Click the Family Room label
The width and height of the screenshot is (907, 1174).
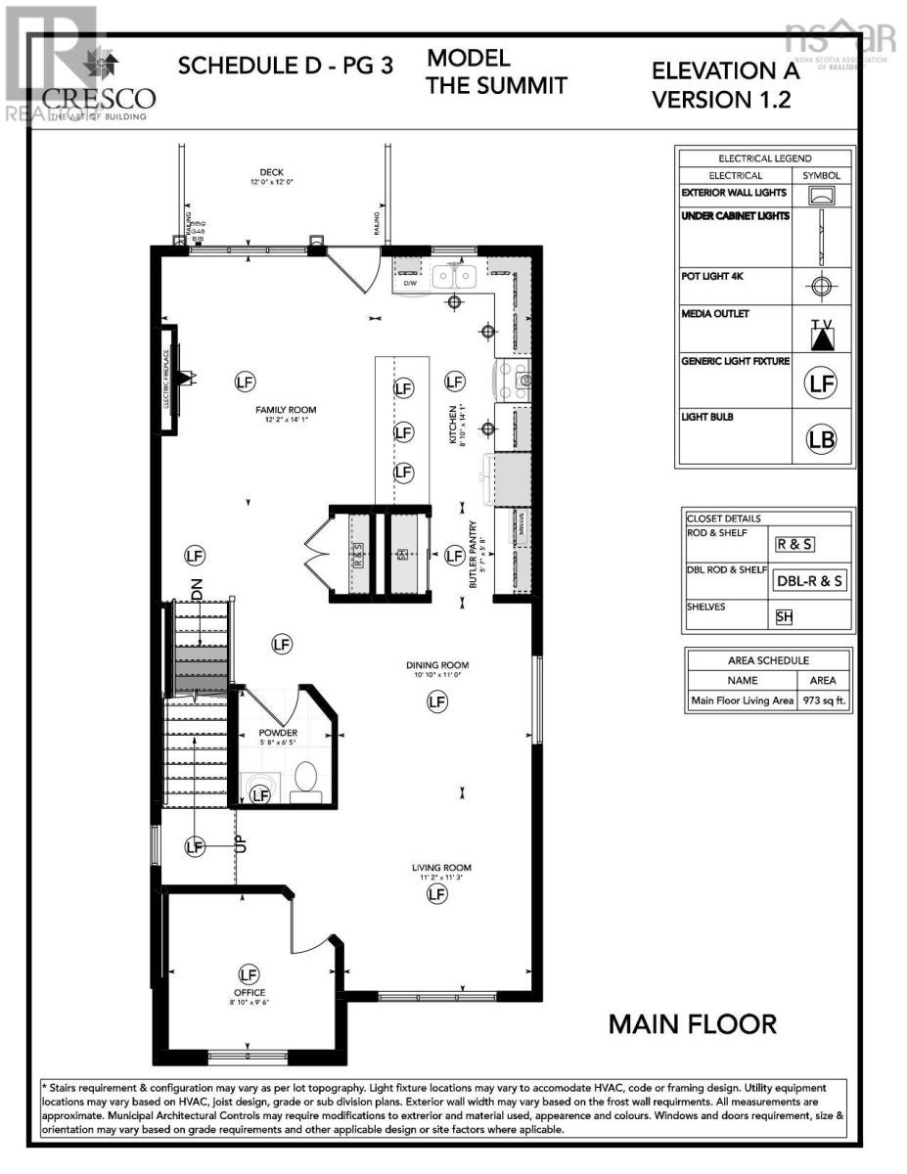(287, 411)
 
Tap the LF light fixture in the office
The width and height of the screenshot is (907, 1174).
(249, 974)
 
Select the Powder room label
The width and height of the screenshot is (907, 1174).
(278, 733)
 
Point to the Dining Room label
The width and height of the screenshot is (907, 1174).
(438, 665)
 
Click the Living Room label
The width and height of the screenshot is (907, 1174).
(441, 868)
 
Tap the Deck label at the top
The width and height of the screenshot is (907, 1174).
(272, 172)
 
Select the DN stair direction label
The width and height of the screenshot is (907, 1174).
(198, 589)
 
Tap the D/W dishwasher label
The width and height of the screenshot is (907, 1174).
(411, 284)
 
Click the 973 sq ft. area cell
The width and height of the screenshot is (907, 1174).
(824, 700)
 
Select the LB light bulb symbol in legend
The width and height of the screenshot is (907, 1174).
(822, 440)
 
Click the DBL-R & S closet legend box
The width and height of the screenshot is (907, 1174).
(809, 580)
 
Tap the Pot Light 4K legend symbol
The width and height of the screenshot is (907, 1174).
(822, 287)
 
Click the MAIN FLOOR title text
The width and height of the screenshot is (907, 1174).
(693, 1024)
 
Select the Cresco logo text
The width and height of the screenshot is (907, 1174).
(99, 98)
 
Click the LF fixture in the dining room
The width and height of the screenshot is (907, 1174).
(436, 701)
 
